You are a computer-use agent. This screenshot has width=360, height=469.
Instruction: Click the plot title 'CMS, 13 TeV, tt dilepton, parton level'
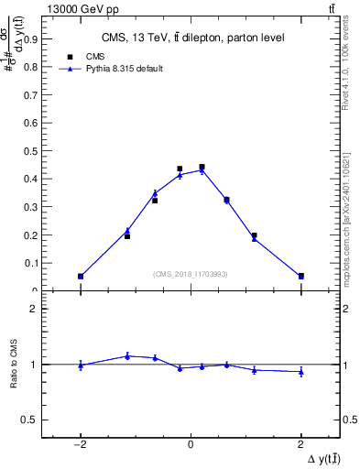click(192, 38)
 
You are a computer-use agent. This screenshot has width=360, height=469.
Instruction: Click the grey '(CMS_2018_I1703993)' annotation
click(190, 274)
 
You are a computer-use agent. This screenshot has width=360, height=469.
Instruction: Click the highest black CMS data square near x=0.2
click(202, 168)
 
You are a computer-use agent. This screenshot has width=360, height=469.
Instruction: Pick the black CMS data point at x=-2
click(81, 276)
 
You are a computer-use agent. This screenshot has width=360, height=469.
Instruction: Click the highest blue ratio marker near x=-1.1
click(127, 355)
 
